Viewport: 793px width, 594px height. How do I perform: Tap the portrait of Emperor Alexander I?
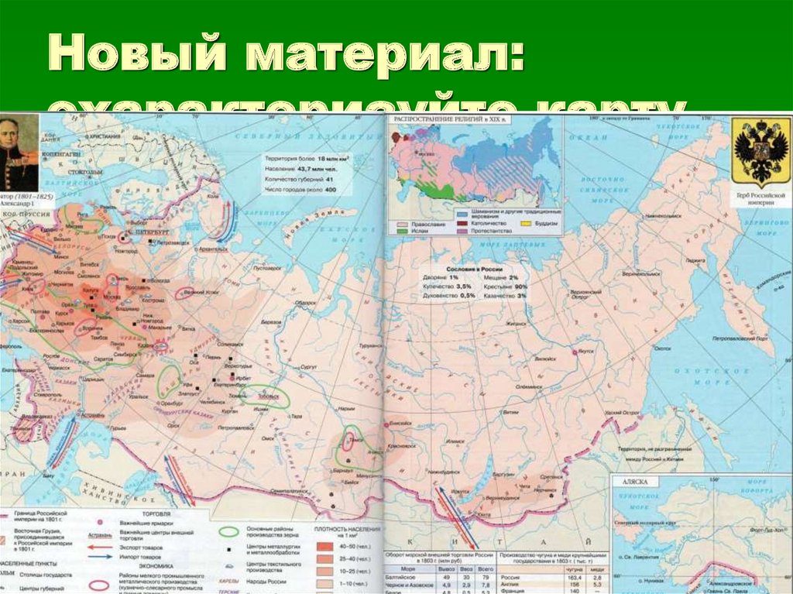pos(19,153)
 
